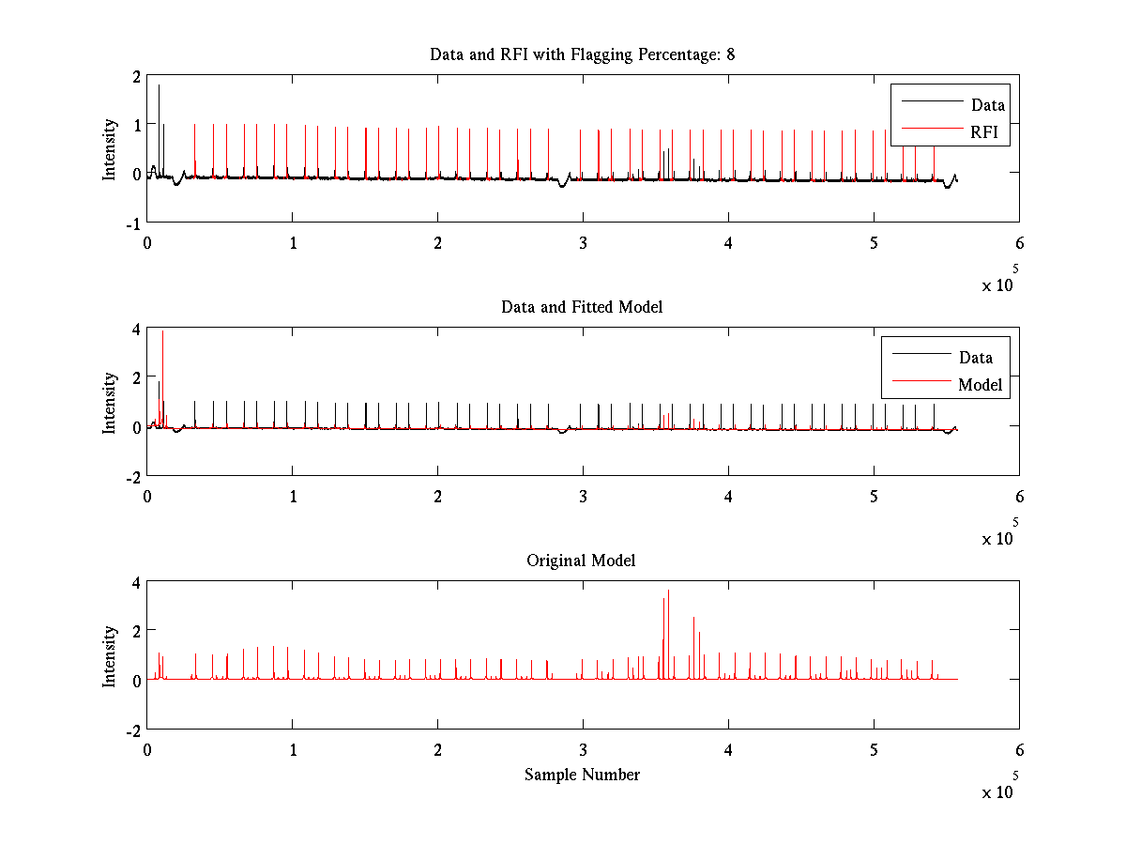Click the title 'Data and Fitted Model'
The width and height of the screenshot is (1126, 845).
pos(582,307)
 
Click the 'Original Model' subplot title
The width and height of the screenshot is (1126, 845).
pos(581,561)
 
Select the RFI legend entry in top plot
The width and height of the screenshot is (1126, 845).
pos(990,132)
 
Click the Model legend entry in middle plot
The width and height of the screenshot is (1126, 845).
pos(980,384)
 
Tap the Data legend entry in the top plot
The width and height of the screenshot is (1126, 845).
pos(988,105)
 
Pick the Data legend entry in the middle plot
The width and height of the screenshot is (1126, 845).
pos(976,357)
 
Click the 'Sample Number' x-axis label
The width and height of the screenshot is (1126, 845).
pos(582,775)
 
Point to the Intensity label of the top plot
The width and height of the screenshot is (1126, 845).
pos(111,148)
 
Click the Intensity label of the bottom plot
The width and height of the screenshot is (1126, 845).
pos(111,655)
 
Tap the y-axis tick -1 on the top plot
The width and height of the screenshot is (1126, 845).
pos(133,223)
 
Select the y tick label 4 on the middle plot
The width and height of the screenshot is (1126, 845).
pos(136,329)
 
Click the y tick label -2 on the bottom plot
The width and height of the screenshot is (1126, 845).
pos(133,730)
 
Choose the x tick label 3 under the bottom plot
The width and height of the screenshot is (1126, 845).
pos(583,750)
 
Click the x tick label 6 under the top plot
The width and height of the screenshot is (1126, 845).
pos(1019,243)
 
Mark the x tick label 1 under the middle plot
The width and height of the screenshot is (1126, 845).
pos(293,497)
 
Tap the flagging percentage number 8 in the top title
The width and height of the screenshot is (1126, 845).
pos(730,54)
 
